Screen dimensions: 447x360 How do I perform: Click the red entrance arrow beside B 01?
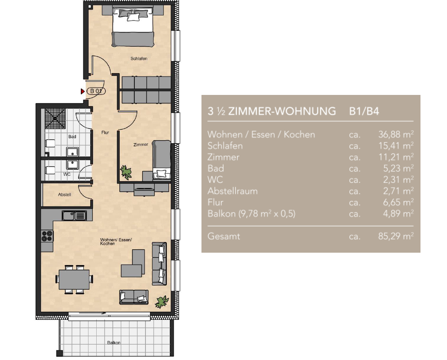point(83,91)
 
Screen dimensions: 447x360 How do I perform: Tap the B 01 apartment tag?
point(96,91)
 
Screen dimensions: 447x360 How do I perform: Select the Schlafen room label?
point(139,59)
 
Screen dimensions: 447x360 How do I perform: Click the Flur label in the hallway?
point(105,133)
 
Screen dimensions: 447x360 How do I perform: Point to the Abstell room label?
point(65,195)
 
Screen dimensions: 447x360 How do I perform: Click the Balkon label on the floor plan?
point(114,342)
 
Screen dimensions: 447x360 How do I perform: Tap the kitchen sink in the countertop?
point(74,216)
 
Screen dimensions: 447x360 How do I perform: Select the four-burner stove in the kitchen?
point(47,236)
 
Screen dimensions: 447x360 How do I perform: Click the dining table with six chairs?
point(74,279)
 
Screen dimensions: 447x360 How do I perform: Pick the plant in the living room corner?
point(162,302)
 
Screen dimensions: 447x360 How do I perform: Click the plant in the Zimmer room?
point(126,172)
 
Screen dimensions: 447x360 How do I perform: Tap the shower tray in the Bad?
point(55,119)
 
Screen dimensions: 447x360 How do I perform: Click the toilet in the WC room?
point(50,170)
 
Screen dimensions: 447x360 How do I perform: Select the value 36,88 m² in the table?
point(396,134)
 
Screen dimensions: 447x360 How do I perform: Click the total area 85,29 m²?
point(396,236)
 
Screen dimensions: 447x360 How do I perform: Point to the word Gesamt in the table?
point(224,236)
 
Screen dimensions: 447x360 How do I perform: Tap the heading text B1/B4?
point(364,111)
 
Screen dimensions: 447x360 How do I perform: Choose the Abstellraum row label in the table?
point(233,191)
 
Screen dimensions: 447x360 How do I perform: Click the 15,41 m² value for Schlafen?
point(396,146)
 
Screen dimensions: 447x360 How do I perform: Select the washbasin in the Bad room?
point(72,152)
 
